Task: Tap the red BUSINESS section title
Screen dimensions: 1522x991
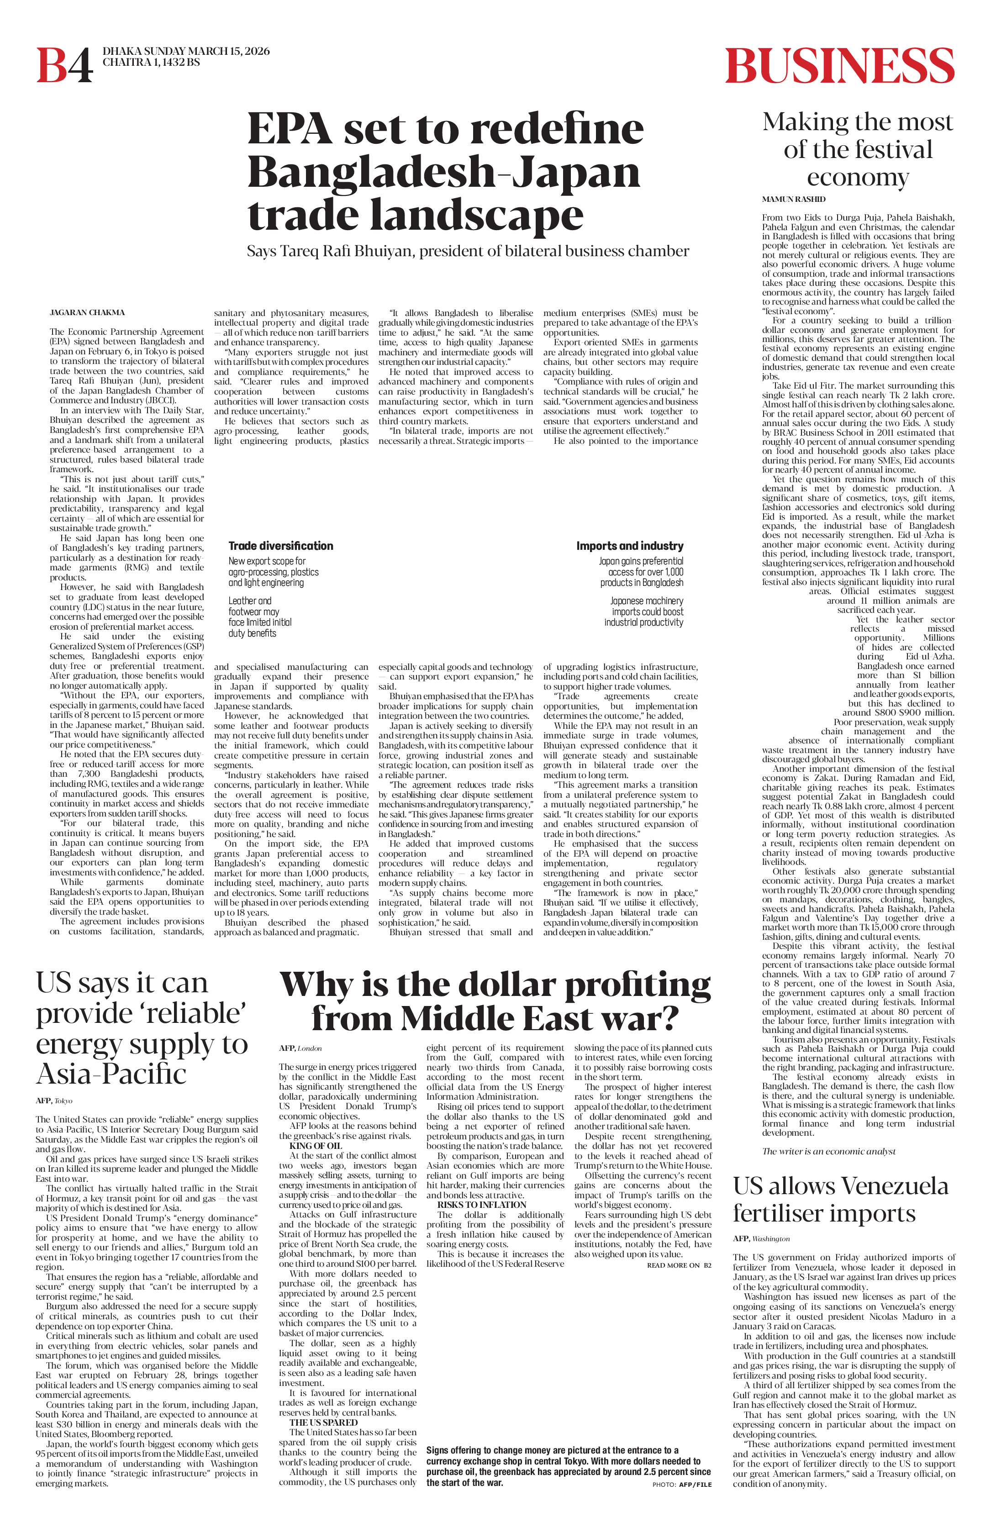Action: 839,65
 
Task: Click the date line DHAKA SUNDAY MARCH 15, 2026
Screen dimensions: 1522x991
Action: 186,51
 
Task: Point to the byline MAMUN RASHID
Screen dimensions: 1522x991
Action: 793,200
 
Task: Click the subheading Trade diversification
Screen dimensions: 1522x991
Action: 281,546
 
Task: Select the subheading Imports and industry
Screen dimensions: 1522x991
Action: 630,546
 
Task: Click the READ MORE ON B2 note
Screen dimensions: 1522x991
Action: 678,1265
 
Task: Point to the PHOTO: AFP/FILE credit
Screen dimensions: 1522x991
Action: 681,1484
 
